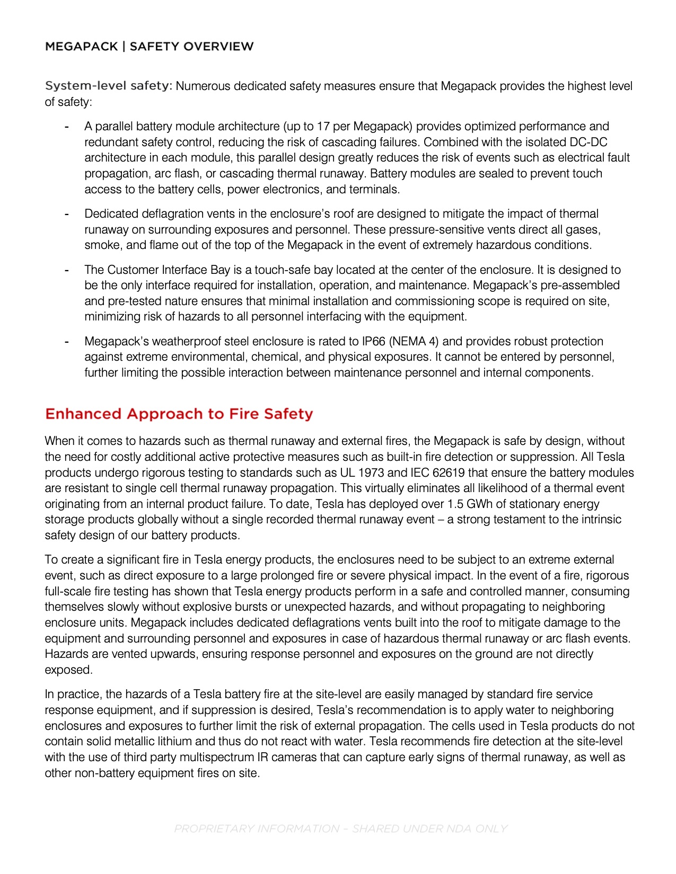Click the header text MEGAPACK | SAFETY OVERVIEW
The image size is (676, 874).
(149, 47)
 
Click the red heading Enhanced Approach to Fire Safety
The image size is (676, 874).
(179, 414)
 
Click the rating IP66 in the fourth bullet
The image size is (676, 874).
(374, 342)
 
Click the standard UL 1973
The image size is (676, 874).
(362, 472)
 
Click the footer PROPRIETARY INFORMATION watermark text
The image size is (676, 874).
(340, 829)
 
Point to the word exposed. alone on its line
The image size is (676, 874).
(68, 670)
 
